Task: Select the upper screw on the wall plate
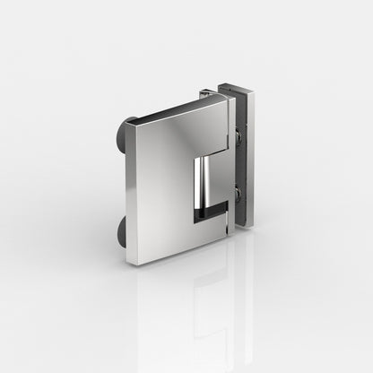(239, 136)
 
